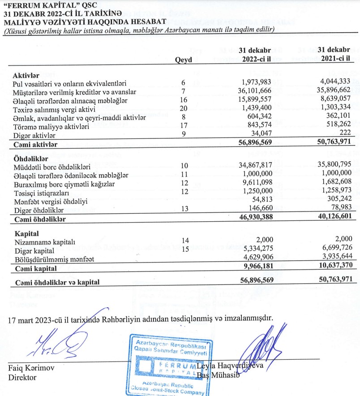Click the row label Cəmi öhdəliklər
click(x=40, y=220)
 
